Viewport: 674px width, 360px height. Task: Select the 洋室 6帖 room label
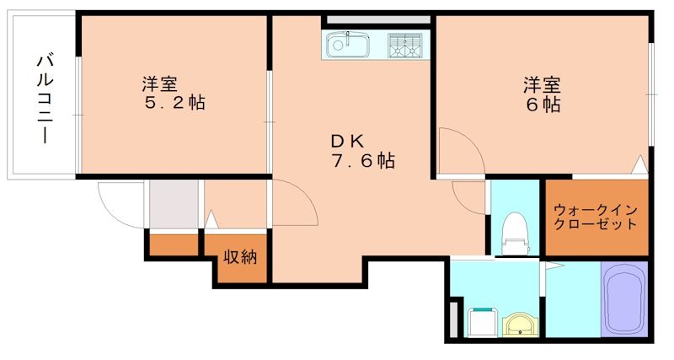click(543, 94)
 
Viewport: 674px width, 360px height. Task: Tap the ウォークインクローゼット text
click(595, 218)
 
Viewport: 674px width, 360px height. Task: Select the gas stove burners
click(406, 46)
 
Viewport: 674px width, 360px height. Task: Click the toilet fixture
click(513, 233)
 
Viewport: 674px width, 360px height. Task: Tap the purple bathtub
click(623, 298)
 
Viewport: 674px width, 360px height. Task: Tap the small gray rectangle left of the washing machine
click(455, 321)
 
